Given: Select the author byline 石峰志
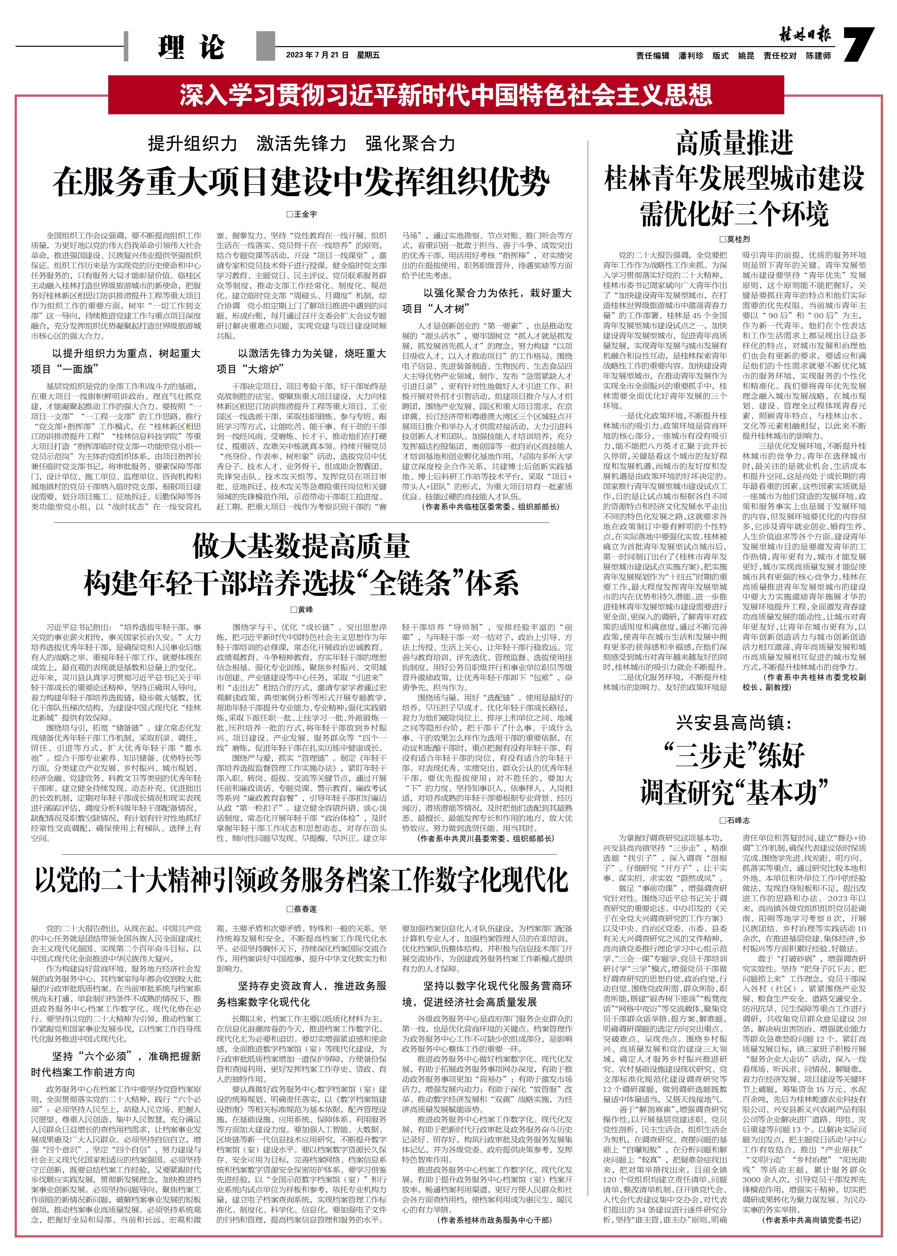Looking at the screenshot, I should pyautogui.click(x=735, y=821).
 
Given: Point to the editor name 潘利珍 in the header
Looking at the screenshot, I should pyautogui.click(x=691, y=56).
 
